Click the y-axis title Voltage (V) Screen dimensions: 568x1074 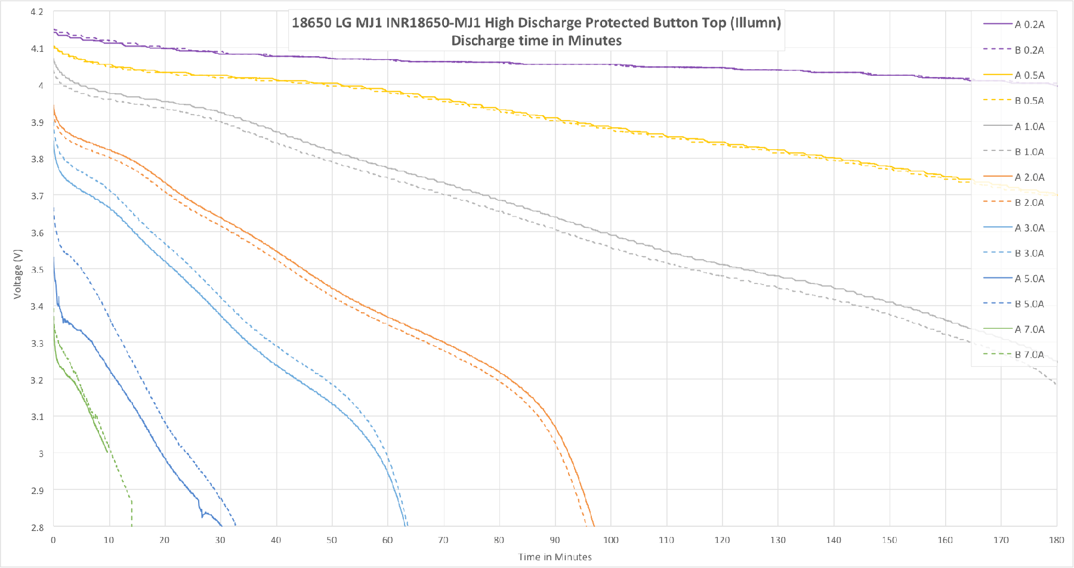[18, 274]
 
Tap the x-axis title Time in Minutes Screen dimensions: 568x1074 [555, 557]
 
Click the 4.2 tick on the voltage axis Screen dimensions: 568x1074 [37, 12]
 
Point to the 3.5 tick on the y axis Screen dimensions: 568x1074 [37, 270]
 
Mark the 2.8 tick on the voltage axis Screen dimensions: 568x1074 [37, 527]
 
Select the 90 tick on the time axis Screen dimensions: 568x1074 [555, 540]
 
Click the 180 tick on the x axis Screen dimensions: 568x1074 [1056, 540]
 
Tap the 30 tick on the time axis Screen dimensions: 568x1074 [220, 540]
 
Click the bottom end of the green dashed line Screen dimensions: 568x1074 [132, 526]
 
